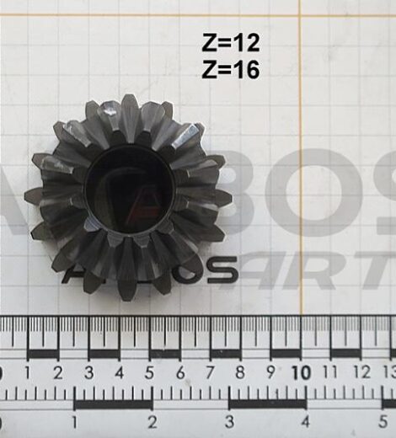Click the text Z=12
(x=231, y=42)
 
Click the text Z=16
(x=231, y=70)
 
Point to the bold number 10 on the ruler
(x=300, y=372)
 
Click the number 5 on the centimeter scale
(x=149, y=372)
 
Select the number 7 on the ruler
(x=210, y=372)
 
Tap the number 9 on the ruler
(x=270, y=372)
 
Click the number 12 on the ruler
(x=361, y=372)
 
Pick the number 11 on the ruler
(x=330, y=372)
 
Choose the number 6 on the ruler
(x=179, y=372)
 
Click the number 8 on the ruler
(x=240, y=372)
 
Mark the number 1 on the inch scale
(x=76, y=421)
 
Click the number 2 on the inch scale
(x=153, y=421)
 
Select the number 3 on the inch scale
(x=229, y=421)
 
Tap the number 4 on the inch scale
(x=306, y=421)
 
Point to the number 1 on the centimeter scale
(x=28, y=372)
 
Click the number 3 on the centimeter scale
(x=88, y=372)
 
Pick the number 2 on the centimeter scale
(x=58, y=372)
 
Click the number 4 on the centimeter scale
(x=119, y=372)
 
